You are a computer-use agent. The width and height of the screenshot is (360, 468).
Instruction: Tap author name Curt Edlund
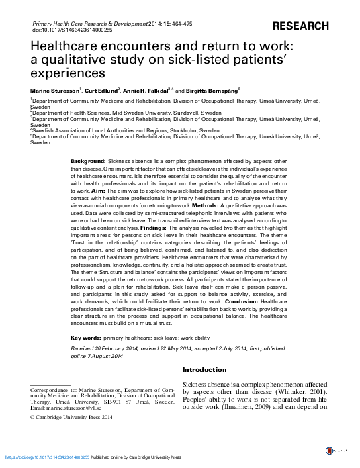click(101, 89)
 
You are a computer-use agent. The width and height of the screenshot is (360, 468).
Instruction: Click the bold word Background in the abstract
click(87, 162)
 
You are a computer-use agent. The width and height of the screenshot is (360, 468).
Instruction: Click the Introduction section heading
click(205, 370)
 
